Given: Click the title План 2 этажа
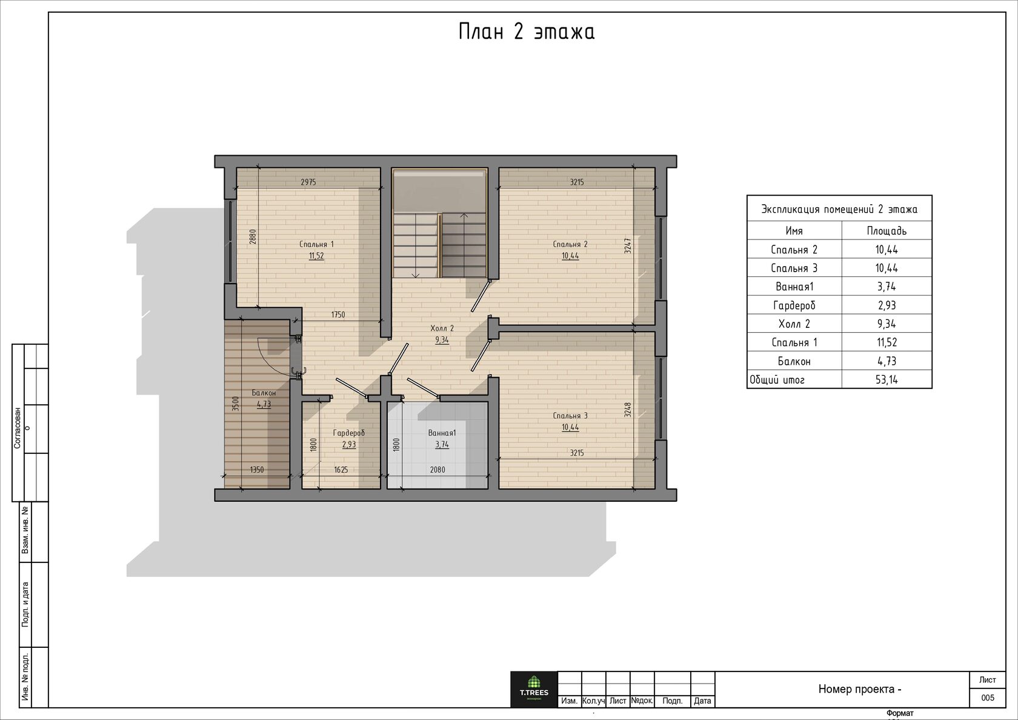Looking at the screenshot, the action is coord(526,32).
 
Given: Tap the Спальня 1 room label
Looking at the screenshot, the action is coord(316,244).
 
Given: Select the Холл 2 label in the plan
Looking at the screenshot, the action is coord(442,328).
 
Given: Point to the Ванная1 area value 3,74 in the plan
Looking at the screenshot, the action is coord(442,445).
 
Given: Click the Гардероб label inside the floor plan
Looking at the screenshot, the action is coord(348,433).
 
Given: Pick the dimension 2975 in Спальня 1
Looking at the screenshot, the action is coord(308,182).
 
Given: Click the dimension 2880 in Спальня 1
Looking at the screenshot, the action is coord(253,236).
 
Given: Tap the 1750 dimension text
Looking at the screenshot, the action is coord(338,315).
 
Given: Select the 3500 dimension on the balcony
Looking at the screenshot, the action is coord(235,404).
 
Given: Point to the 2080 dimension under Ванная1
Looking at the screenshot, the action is coord(437,470).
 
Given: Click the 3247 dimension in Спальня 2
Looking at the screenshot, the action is coord(627,246).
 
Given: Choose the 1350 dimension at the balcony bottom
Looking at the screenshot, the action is coord(257,470).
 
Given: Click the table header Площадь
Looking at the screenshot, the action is coord(887,231).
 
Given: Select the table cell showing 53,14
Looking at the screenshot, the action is coord(887,379).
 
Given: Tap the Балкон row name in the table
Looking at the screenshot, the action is coord(794,361).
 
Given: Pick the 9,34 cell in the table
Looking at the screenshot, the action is coord(887,324).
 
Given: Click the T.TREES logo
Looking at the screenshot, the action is coord(534,689).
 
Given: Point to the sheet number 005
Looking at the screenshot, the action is coord(988,698).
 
